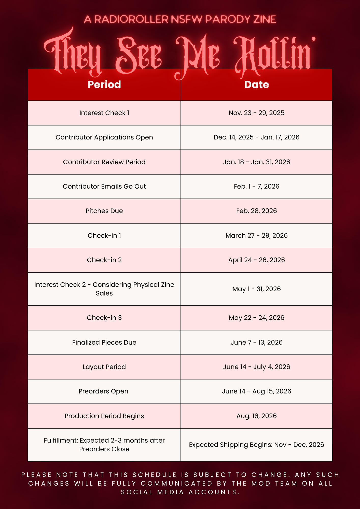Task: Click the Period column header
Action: [104, 85]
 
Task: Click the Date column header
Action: [256, 85]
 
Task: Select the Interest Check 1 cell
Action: [104, 113]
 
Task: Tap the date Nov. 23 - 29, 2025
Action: [256, 113]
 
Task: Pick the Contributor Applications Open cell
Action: [104, 137]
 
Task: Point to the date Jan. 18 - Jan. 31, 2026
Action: [256, 162]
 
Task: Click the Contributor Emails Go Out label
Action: [104, 187]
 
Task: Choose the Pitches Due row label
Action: [104, 211]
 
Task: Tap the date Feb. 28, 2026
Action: [256, 211]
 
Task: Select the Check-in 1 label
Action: [104, 235]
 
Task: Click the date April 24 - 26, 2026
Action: [256, 260]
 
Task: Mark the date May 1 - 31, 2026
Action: [256, 289]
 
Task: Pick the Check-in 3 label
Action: [104, 318]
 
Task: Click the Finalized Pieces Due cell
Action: [104, 342]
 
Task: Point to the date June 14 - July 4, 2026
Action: [256, 367]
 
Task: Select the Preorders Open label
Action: [103, 391]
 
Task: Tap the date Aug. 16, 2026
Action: [256, 416]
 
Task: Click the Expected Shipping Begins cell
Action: [256, 445]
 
